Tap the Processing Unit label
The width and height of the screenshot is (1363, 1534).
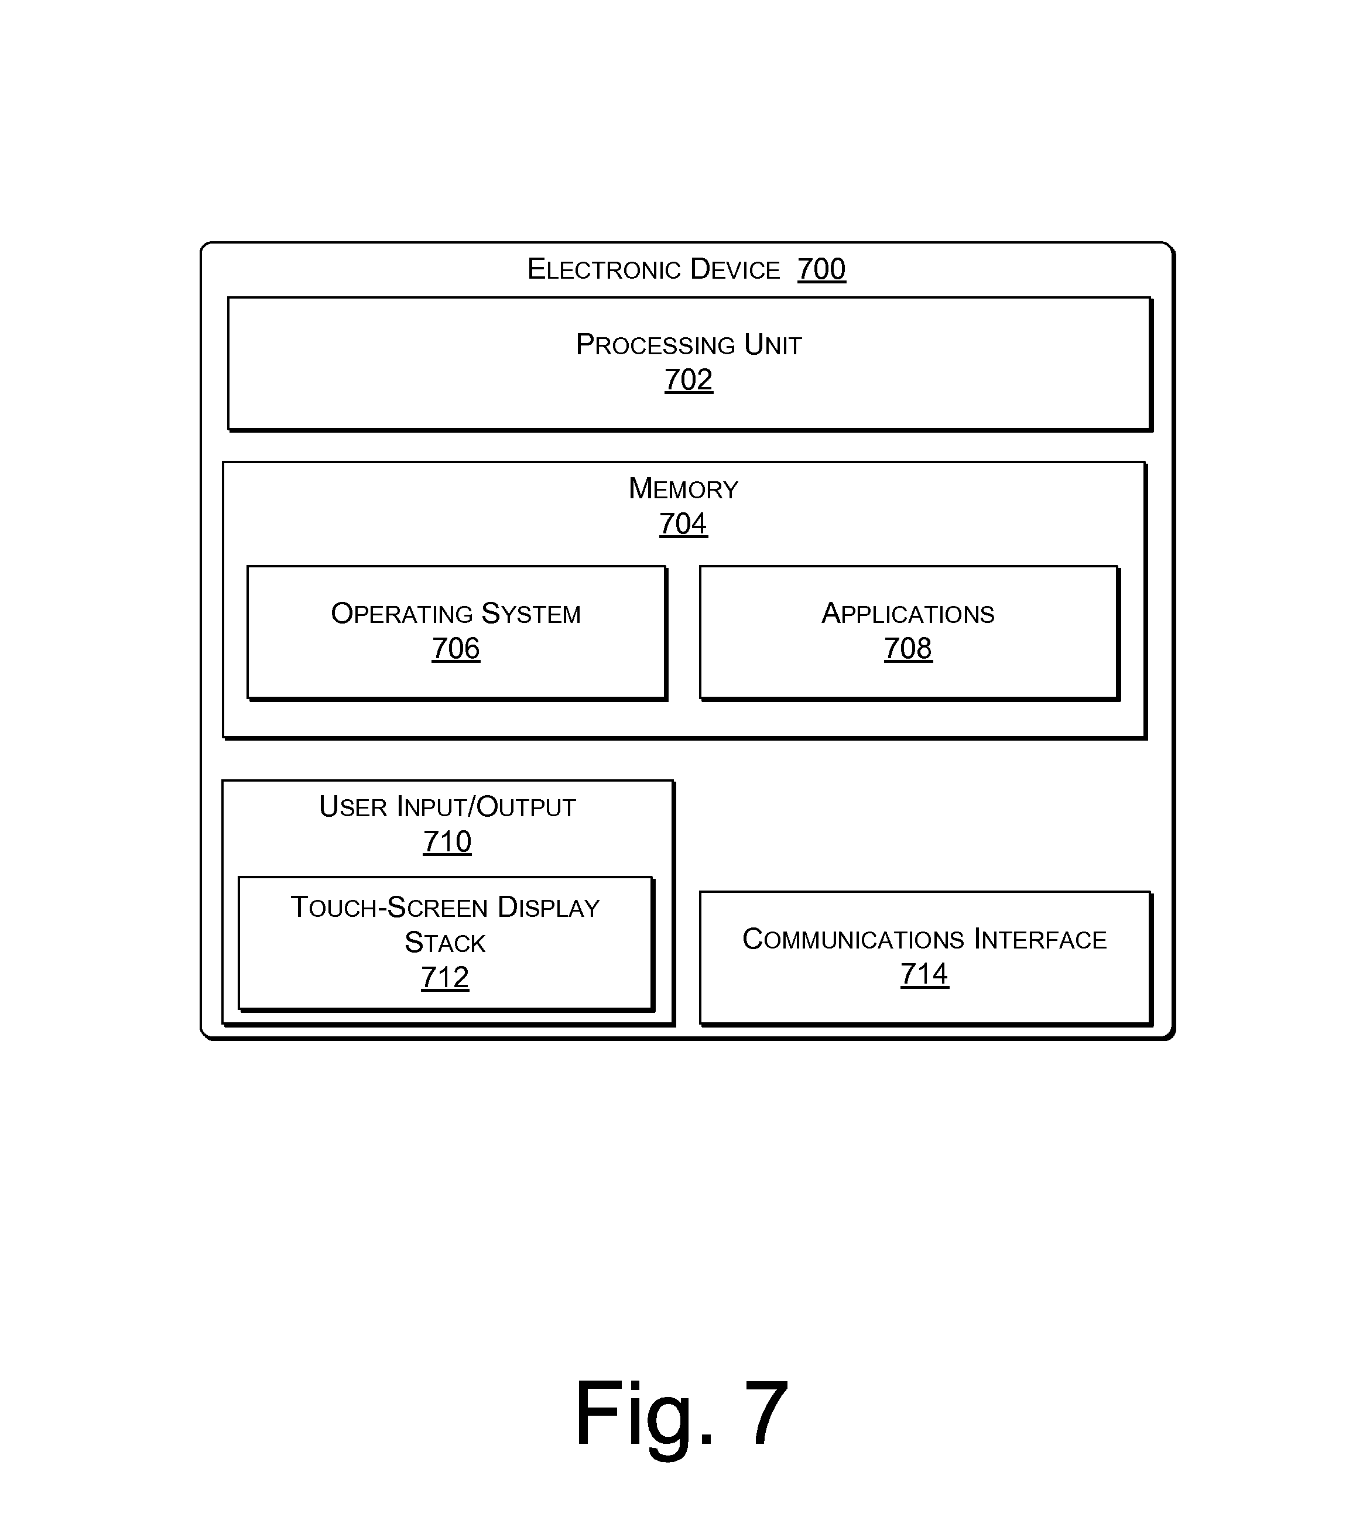[x=689, y=344]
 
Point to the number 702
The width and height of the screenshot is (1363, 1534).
[x=689, y=380]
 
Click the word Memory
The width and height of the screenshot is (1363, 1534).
[x=683, y=488]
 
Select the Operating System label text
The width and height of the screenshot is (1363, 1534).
[x=456, y=613]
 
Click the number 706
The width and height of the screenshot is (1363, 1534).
[x=456, y=648]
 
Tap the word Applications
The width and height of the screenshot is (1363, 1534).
[x=907, y=613]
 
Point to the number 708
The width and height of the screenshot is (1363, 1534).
[x=907, y=648]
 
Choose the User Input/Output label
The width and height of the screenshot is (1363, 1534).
[x=447, y=807]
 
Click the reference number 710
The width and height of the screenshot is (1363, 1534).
[x=447, y=841]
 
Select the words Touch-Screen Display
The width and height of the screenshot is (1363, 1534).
[x=445, y=908]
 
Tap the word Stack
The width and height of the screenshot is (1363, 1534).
[x=445, y=943]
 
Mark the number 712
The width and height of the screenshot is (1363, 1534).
[x=445, y=977]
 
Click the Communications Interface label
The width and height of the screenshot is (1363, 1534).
[x=924, y=939]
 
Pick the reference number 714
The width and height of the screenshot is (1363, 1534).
[x=924, y=974]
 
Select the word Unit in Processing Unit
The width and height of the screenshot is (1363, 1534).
[x=772, y=344]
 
